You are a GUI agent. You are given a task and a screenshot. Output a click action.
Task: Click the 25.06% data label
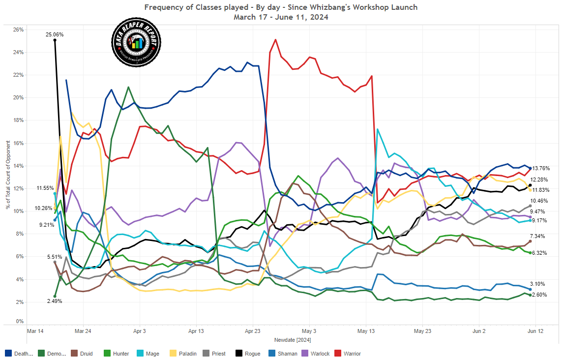pos(55,34)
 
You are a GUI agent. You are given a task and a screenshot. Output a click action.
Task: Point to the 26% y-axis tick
pos(18,30)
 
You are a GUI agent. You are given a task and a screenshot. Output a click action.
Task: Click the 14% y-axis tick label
pos(18,166)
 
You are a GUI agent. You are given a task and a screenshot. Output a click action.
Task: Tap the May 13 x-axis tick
pos(366,331)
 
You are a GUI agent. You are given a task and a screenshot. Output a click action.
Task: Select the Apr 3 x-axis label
pos(140,331)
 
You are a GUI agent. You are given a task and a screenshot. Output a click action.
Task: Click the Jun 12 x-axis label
pos(536,331)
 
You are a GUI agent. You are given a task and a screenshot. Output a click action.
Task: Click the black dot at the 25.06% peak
pos(55,40)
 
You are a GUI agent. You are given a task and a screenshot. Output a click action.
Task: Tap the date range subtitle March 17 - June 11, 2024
pos(281,17)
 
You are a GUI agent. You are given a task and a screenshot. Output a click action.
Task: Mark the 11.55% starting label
pos(45,188)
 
